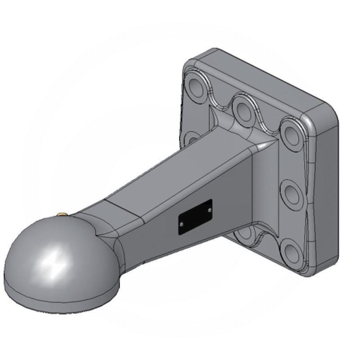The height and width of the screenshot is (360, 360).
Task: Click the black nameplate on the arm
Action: point(195,217)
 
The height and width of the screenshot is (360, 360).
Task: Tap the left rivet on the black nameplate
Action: point(181,224)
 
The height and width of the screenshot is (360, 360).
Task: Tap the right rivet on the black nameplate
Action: point(209,209)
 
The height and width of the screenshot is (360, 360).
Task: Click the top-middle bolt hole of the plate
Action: point(243,109)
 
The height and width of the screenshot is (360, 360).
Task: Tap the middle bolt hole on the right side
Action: point(293,194)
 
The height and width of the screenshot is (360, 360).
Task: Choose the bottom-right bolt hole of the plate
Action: point(293,253)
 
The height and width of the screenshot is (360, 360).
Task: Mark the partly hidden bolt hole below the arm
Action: point(246,232)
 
